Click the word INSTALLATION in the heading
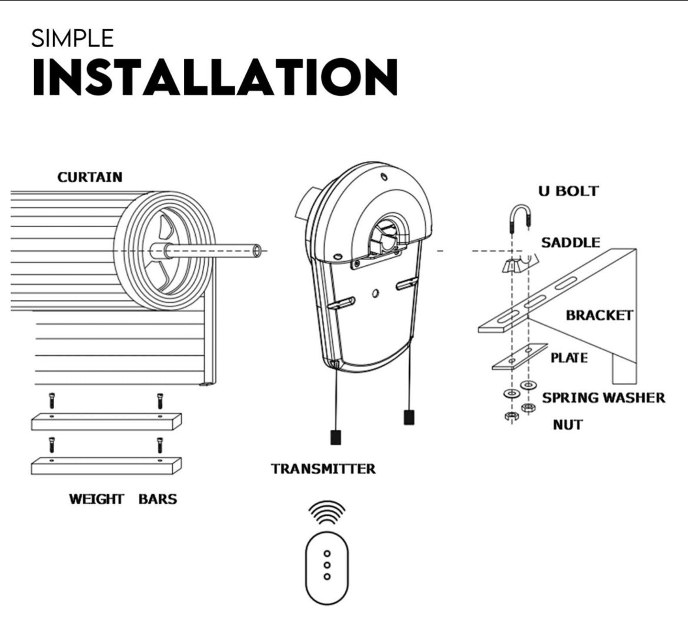215,78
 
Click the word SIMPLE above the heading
72,39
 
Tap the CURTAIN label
90,177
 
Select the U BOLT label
568,191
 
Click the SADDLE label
570,242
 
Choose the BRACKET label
599,315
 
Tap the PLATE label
569,358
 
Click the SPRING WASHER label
603,397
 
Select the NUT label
567,425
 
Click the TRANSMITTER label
323,469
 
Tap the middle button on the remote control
327,565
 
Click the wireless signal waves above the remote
327,512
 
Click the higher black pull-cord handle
409,417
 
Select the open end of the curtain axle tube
256,251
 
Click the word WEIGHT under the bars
96,499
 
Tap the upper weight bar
106,421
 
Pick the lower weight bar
106,465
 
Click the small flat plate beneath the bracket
519,357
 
